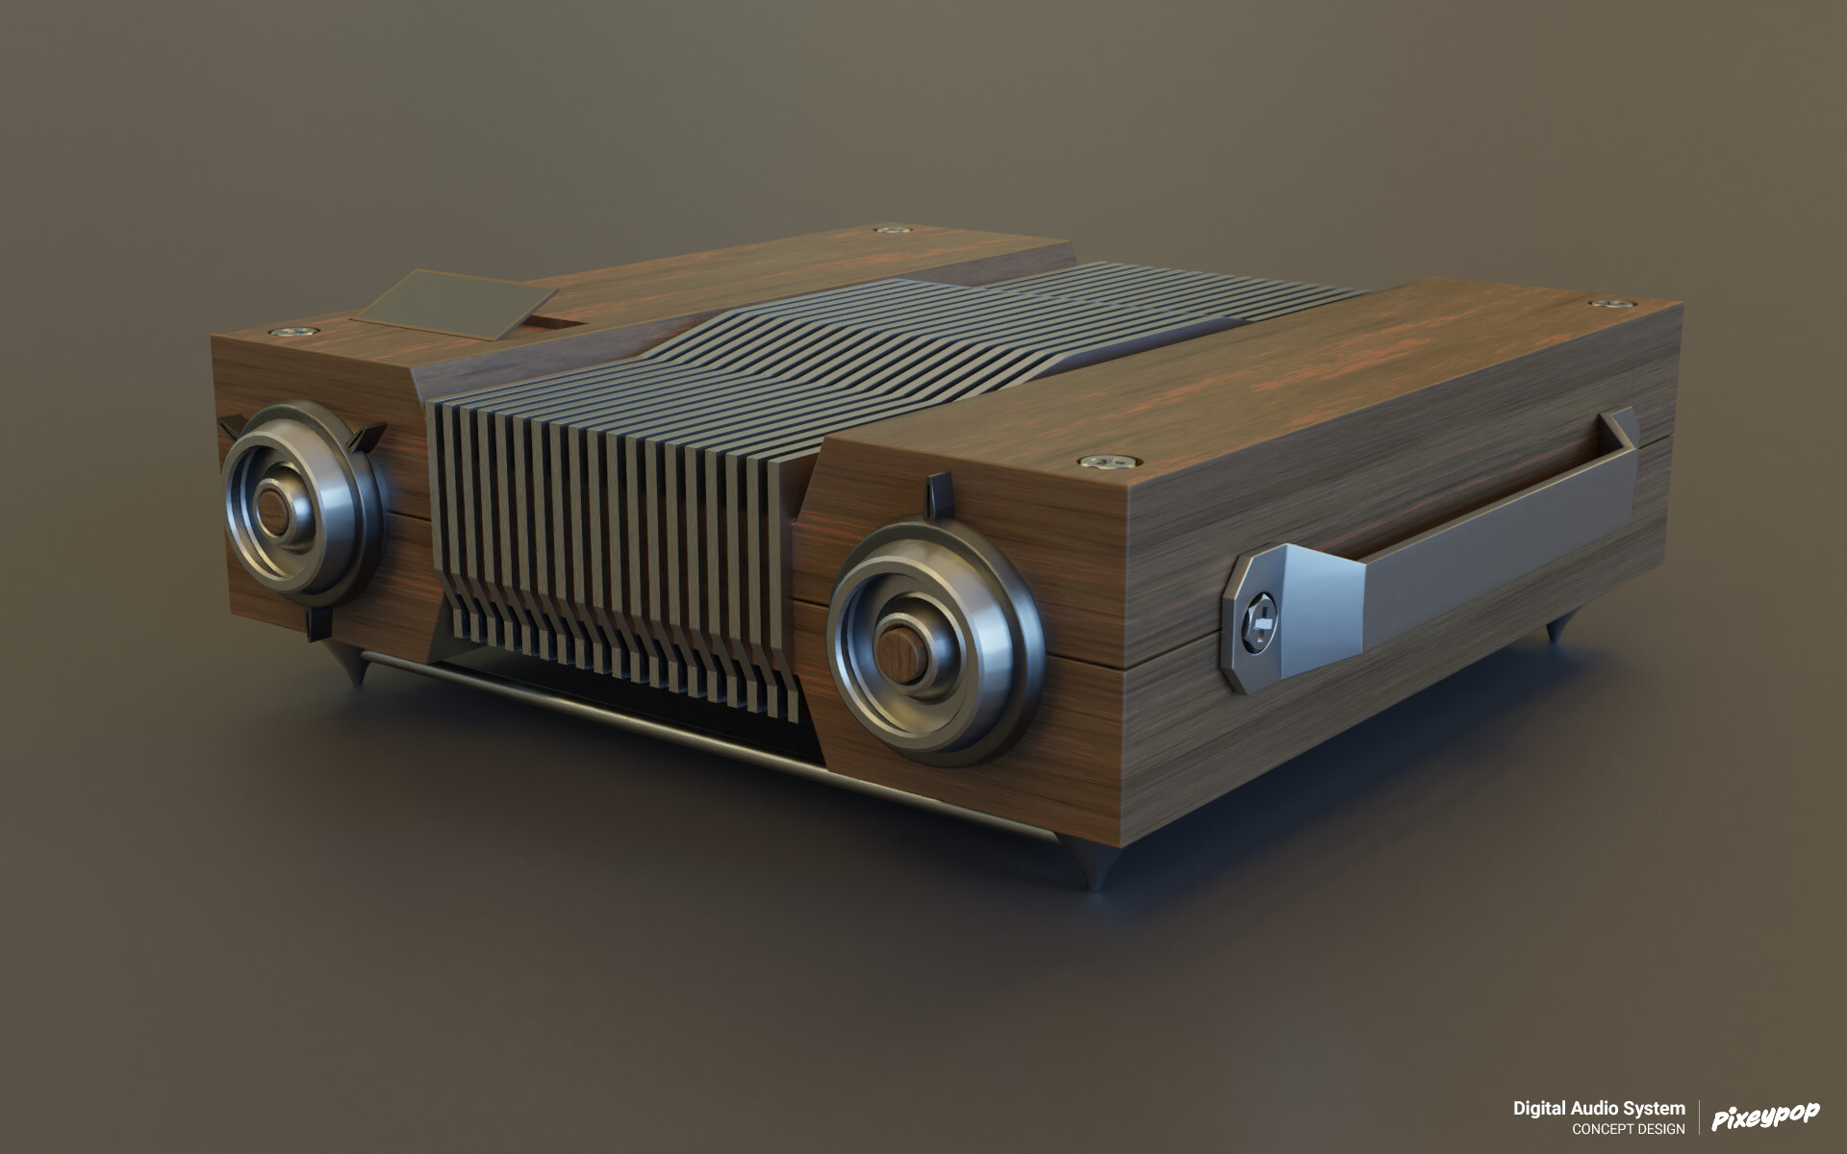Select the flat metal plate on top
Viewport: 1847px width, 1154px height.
click(x=444, y=302)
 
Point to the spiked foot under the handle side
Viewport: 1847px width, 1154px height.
click(x=1553, y=633)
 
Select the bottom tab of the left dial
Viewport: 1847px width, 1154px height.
click(x=313, y=623)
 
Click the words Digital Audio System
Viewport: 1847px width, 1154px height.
click(x=1599, y=1109)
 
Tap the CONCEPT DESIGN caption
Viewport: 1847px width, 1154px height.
click(x=1628, y=1129)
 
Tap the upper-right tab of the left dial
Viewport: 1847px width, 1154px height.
click(x=367, y=438)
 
